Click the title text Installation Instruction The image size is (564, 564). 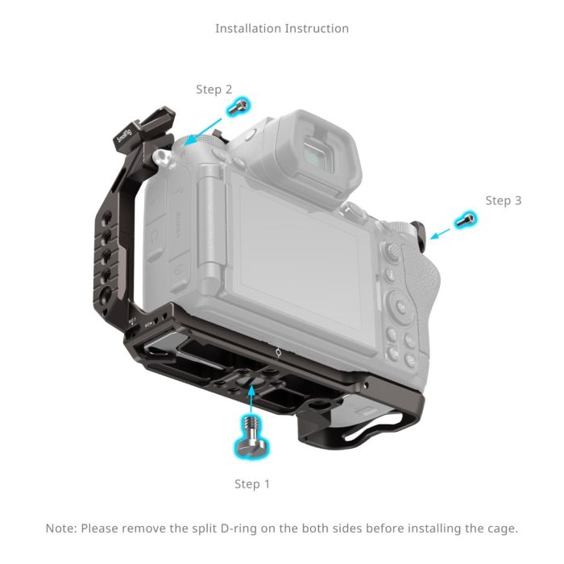(282, 28)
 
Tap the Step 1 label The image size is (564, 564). (252, 484)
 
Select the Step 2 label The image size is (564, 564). (214, 89)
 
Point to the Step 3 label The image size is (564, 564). (503, 200)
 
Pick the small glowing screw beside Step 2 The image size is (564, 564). (238, 106)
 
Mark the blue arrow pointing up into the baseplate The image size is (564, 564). (252, 396)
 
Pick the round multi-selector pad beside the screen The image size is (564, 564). (402, 305)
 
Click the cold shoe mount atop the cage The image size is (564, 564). (143, 129)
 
